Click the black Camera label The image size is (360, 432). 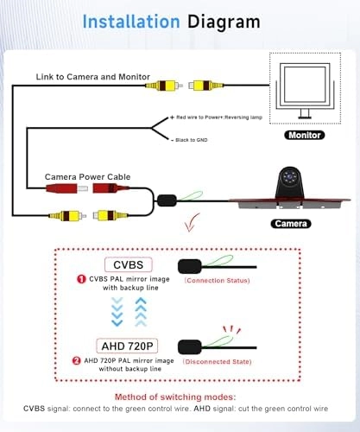click(x=290, y=223)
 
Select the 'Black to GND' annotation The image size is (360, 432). click(x=194, y=138)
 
